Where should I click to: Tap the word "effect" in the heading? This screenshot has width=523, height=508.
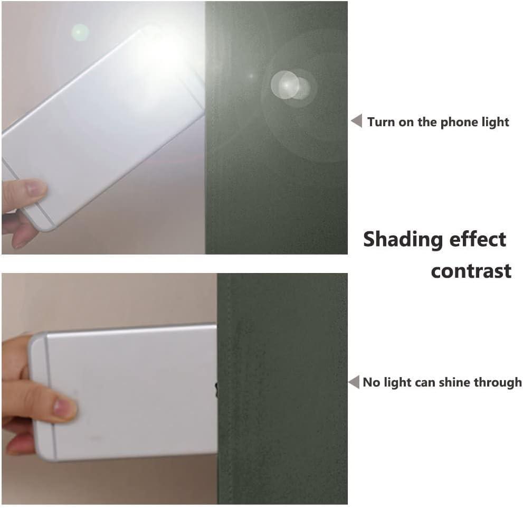[478, 239]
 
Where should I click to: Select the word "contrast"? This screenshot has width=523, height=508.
[471, 271]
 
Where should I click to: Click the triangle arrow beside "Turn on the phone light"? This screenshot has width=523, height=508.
[357, 120]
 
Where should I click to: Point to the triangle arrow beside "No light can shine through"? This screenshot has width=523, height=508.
[354, 382]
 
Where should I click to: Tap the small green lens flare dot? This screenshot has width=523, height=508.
[80, 32]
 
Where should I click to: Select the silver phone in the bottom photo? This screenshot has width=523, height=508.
[123, 392]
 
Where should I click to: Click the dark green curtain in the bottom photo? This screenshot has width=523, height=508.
[282, 389]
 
